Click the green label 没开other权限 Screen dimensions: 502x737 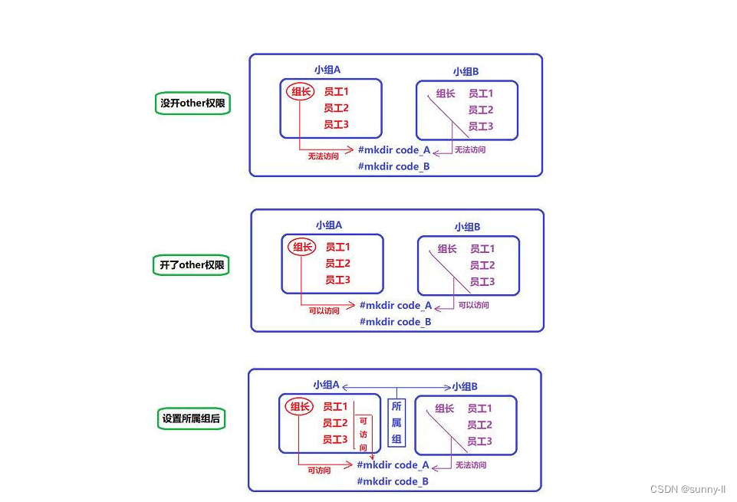(x=192, y=103)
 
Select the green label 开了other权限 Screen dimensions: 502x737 (x=192, y=265)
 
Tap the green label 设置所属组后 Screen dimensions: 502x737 (x=192, y=419)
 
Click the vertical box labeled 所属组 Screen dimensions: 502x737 (x=396, y=422)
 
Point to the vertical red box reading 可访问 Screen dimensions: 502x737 (x=363, y=434)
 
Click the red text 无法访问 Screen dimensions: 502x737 (x=323, y=156)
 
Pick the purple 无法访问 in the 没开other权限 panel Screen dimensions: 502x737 (x=470, y=150)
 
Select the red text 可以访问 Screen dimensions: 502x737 (x=324, y=311)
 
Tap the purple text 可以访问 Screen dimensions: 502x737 (x=473, y=305)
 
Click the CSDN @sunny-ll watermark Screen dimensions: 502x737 (x=687, y=490)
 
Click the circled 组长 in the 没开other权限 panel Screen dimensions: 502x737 (x=301, y=92)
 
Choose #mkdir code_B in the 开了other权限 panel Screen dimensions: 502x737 (x=395, y=322)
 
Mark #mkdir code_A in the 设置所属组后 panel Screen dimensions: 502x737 (x=393, y=464)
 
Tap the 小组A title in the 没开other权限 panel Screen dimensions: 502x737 (x=327, y=69)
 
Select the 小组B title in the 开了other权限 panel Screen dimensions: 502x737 (x=467, y=227)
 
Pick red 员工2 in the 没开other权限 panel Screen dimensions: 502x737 (x=336, y=108)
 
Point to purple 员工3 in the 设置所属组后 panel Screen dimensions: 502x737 (x=479, y=441)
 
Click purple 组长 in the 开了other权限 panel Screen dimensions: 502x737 (x=447, y=248)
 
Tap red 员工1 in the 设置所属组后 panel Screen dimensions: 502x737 (x=335, y=407)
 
